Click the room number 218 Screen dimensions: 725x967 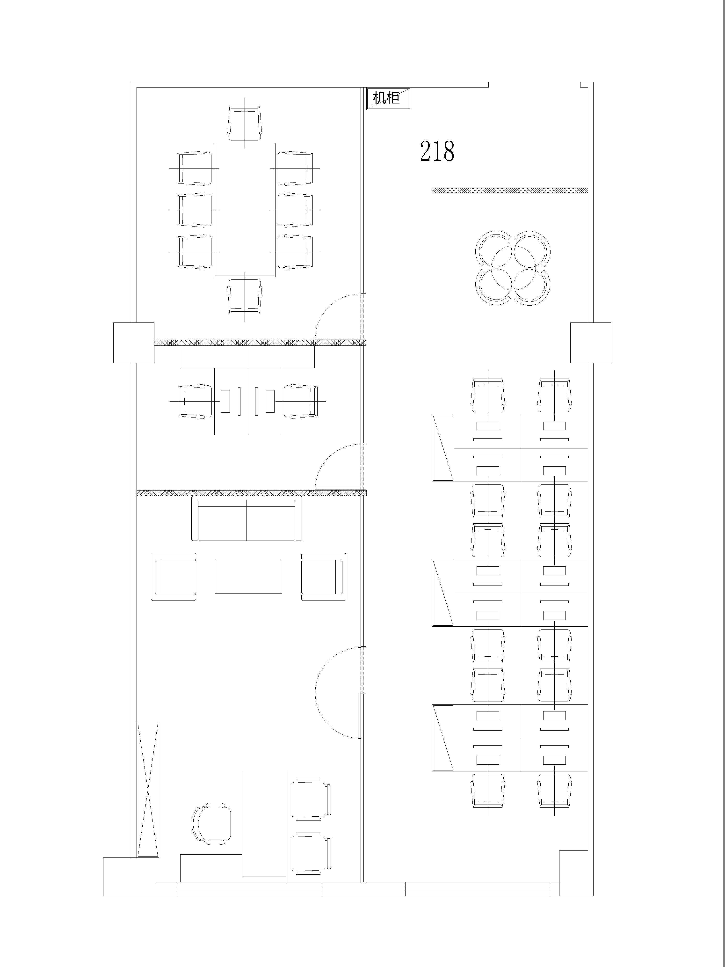pyautogui.click(x=437, y=151)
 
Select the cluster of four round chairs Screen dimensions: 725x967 pyautogui.click(x=513, y=268)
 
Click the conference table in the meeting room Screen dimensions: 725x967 pyautogui.click(x=245, y=210)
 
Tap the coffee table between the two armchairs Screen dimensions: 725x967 pyautogui.click(x=248, y=577)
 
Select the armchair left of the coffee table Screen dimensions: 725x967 pyautogui.click(x=174, y=577)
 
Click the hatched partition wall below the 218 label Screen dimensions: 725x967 pyautogui.click(x=509, y=190)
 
